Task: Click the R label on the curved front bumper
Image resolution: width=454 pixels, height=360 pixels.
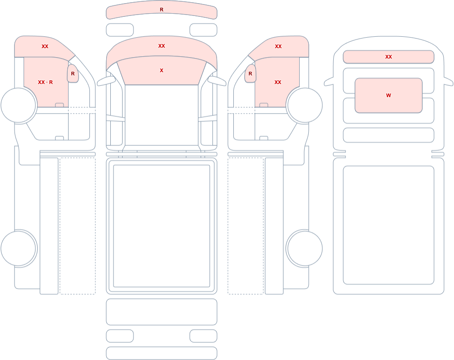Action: click(162, 10)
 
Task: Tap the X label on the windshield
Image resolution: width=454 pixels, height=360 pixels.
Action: click(162, 70)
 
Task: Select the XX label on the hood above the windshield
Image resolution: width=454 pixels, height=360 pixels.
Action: click(162, 46)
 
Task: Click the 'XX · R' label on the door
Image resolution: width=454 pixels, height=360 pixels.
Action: click(45, 82)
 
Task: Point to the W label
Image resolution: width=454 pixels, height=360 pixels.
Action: click(389, 95)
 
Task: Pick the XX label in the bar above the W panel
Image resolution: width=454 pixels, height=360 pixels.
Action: click(389, 57)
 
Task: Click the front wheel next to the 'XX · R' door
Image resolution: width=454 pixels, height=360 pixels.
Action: click(19, 105)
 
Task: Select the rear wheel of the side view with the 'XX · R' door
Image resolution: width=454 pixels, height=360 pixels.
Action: click(19, 248)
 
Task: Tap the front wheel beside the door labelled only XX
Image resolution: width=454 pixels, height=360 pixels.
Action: click(304, 105)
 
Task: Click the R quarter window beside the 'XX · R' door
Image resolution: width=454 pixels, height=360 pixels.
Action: click(73, 74)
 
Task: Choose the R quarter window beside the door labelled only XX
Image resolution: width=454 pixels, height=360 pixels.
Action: click(251, 74)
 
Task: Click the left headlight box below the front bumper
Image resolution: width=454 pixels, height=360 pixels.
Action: click(120, 30)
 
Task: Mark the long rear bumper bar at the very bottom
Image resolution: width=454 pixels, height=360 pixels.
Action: click(162, 353)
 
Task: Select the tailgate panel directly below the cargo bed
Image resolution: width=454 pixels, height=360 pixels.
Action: click(162, 311)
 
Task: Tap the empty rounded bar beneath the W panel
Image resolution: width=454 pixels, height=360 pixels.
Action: click(389, 135)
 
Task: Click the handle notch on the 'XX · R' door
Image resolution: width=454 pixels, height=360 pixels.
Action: click(59, 105)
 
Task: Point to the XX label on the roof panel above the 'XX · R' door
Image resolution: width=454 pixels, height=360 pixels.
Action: click(45, 46)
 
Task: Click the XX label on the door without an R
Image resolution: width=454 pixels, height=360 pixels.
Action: click(278, 82)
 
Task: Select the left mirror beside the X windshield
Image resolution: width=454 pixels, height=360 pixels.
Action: click(106, 81)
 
